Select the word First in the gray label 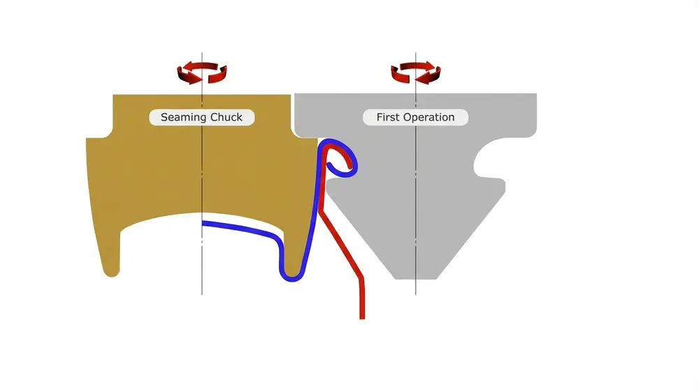pyautogui.click(x=388, y=117)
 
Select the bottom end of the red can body pyautogui.click(x=362, y=316)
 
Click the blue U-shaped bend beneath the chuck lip pyautogui.click(x=292, y=274)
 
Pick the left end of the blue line pyautogui.click(x=204, y=224)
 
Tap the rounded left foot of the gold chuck pyautogui.click(x=112, y=271)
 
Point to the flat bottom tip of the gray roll pyautogui.click(x=416, y=277)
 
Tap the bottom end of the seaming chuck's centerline pyautogui.click(x=202, y=293)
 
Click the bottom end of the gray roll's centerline pyautogui.click(x=416, y=293)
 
